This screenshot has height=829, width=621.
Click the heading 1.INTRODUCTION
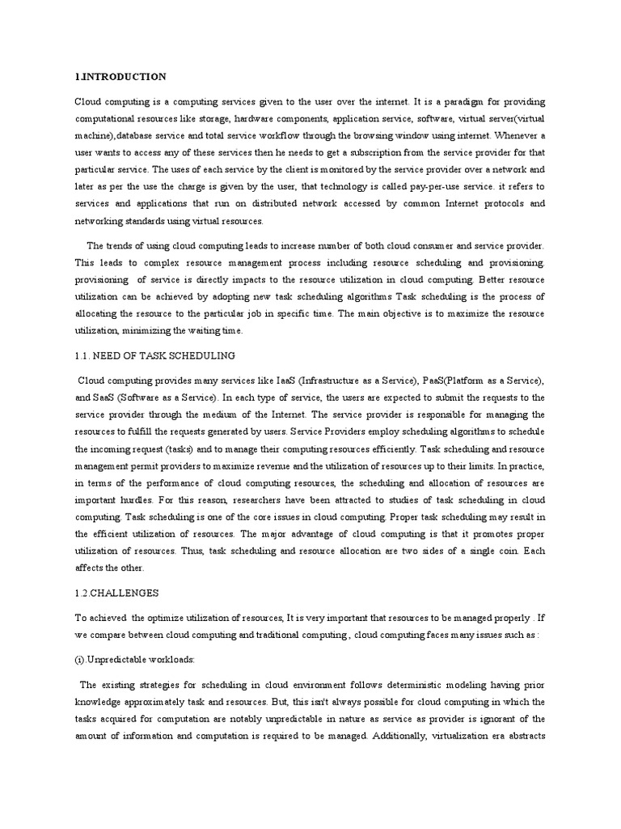[120, 77]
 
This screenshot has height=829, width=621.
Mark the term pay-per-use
[437, 187]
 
